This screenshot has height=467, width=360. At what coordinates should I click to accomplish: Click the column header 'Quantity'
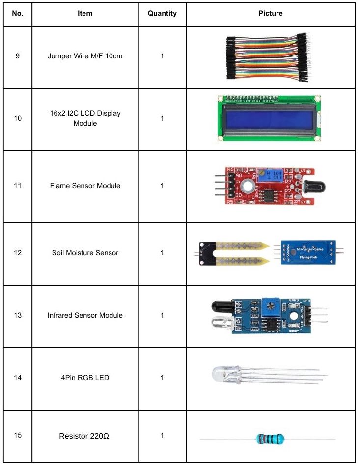pyautogui.click(x=162, y=14)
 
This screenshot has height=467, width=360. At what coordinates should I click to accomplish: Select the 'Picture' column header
pyautogui.click(x=271, y=14)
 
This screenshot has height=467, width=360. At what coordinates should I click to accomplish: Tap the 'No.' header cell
pyautogui.click(x=18, y=14)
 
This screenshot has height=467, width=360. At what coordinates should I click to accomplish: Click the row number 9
pyautogui.click(x=18, y=56)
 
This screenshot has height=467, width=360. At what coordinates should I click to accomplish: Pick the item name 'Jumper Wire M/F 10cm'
pyautogui.click(x=85, y=56)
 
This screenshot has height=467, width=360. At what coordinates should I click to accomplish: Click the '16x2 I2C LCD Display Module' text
pyautogui.click(x=85, y=118)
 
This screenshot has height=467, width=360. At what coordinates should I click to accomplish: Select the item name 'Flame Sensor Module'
pyautogui.click(x=85, y=186)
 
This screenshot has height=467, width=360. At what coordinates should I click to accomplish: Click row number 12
pyautogui.click(x=18, y=253)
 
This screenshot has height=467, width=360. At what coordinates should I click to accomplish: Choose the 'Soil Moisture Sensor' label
pyautogui.click(x=85, y=253)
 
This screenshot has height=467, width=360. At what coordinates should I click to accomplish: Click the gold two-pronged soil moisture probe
pyautogui.click(x=241, y=253)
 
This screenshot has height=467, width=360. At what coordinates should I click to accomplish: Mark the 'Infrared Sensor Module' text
pyautogui.click(x=85, y=315)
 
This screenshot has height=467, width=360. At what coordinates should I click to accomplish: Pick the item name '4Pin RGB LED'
pyautogui.click(x=85, y=378)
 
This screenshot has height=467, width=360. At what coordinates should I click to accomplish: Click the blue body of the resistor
pyautogui.click(x=268, y=439)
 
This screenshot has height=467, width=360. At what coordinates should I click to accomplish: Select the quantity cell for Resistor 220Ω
pyautogui.click(x=162, y=435)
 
